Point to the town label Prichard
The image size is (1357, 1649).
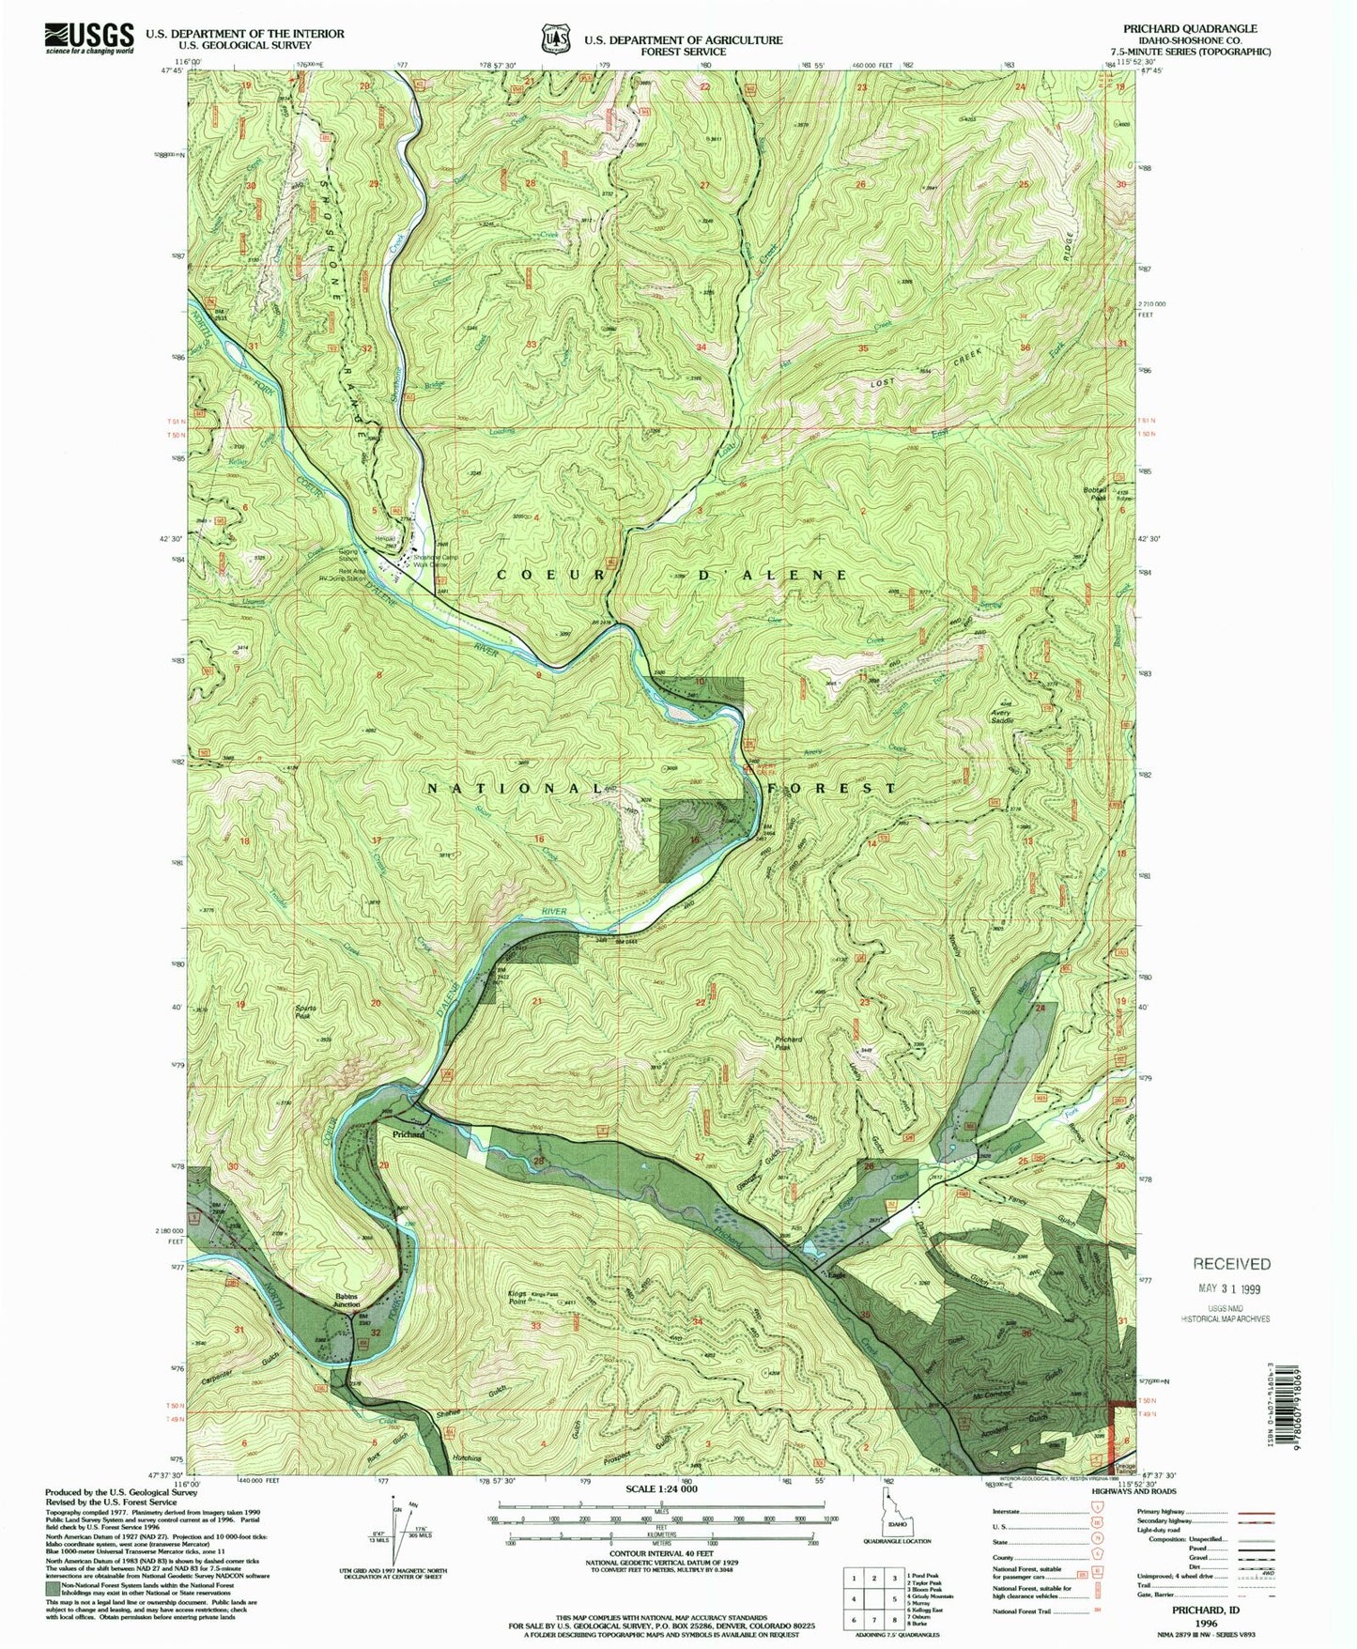[408, 1135]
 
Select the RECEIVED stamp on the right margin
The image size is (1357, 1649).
[1231, 1264]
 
